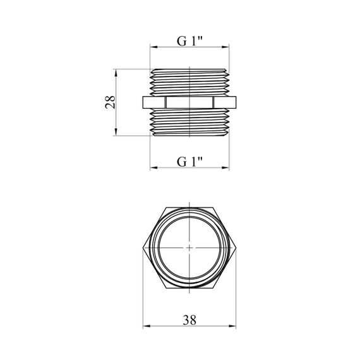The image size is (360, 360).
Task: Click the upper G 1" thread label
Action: click(x=189, y=41)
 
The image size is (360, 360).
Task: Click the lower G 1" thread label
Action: click(x=189, y=162)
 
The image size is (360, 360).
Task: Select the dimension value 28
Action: click(x=110, y=102)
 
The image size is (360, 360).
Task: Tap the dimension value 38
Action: click(x=189, y=320)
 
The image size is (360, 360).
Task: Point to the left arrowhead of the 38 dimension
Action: click(x=147, y=326)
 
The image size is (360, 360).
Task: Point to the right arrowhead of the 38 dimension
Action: click(x=232, y=326)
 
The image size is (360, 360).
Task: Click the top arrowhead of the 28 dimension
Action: click(x=116, y=73)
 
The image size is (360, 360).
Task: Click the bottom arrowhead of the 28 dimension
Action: click(x=116, y=132)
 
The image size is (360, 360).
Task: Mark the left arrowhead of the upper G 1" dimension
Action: click(x=153, y=47)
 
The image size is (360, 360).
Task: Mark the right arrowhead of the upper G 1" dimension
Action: click(x=225, y=47)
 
